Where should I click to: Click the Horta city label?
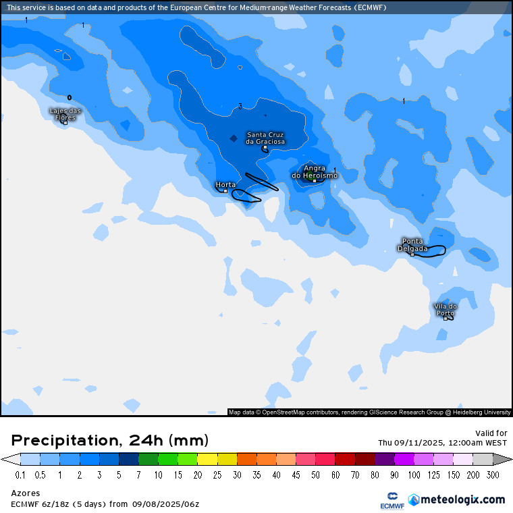pyautogui.click(x=225, y=184)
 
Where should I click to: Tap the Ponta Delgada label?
pyautogui.click(x=412, y=244)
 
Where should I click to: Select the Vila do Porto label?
pyautogui.click(x=446, y=309)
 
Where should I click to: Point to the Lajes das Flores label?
pyautogui.click(x=65, y=114)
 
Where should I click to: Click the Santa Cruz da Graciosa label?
pyautogui.click(x=265, y=138)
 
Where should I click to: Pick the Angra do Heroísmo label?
pyautogui.click(x=315, y=171)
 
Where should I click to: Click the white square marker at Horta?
pyautogui.click(x=225, y=191)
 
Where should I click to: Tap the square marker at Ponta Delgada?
pyautogui.click(x=412, y=254)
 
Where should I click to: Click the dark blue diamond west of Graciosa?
pyautogui.click(x=233, y=138)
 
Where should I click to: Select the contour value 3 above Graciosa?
pyautogui.click(x=240, y=106)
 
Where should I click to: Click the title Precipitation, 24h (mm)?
pyautogui.click(x=110, y=441)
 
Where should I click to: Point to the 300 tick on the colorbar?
pyautogui.click(x=493, y=475)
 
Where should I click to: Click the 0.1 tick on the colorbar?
pyautogui.click(x=20, y=475)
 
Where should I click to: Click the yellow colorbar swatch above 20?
pyautogui.click(x=208, y=459)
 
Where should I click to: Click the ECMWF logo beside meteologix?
pyautogui.click(x=392, y=500)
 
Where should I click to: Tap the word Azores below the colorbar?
pyautogui.click(x=26, y=493)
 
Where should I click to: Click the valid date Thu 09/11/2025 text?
pyautogui.click(x=442, y=443)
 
